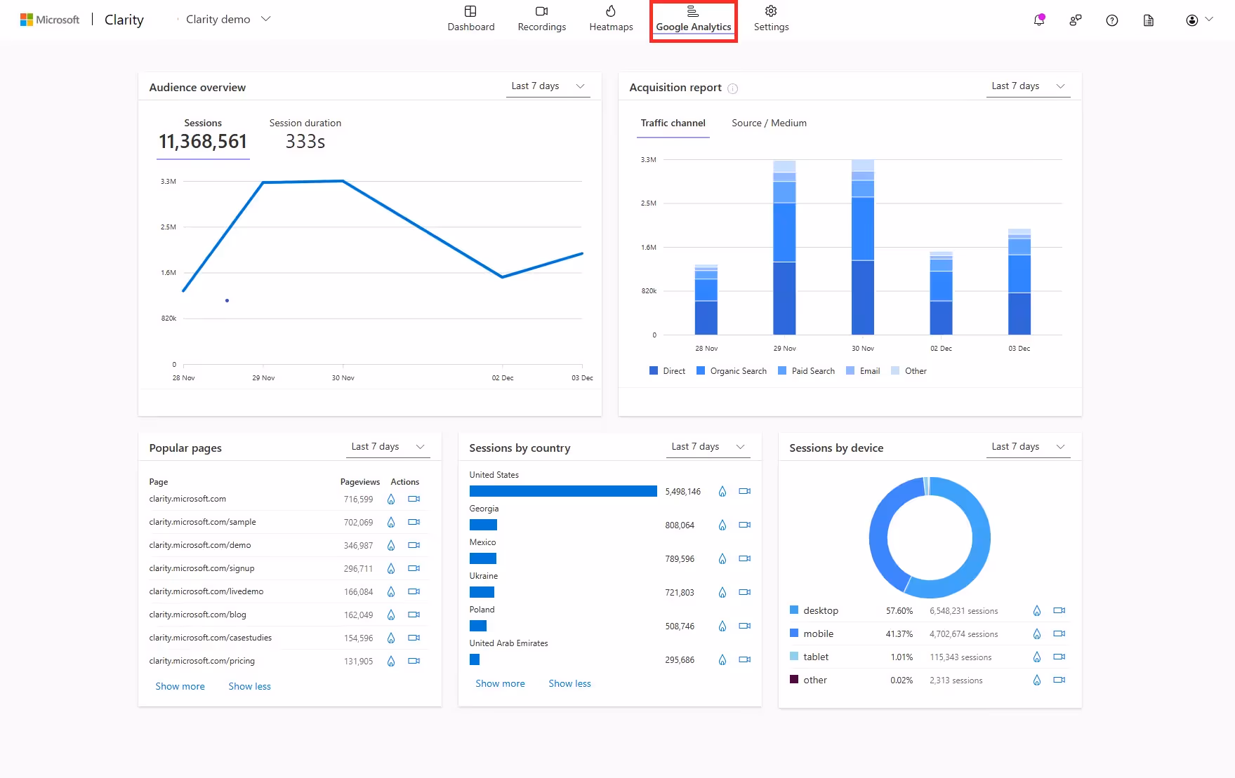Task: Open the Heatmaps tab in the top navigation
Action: pos(611,19)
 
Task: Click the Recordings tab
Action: pos(541,19)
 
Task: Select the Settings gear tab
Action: pos(771,19)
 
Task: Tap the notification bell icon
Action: pos(1038,20)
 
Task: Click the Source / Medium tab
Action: pos(769,123)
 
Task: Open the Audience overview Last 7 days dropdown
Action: pos(548,86)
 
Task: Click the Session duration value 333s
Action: pos(305,142)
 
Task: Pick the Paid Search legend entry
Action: pos(807,371)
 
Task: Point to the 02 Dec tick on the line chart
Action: pos(502,377)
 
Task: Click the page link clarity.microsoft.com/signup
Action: pos(202,568)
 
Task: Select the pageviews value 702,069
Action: pos(358,523)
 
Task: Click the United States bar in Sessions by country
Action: pos(563,491)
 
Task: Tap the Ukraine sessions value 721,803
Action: pos(679,593)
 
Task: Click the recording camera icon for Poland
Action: pos(744,626)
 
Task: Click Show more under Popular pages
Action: pos(180,686)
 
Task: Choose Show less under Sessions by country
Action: pos(569,683)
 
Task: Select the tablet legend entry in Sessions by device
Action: pos(815,657)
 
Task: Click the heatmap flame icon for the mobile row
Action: pos(1036,634)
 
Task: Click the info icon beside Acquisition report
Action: pos(732,88)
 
